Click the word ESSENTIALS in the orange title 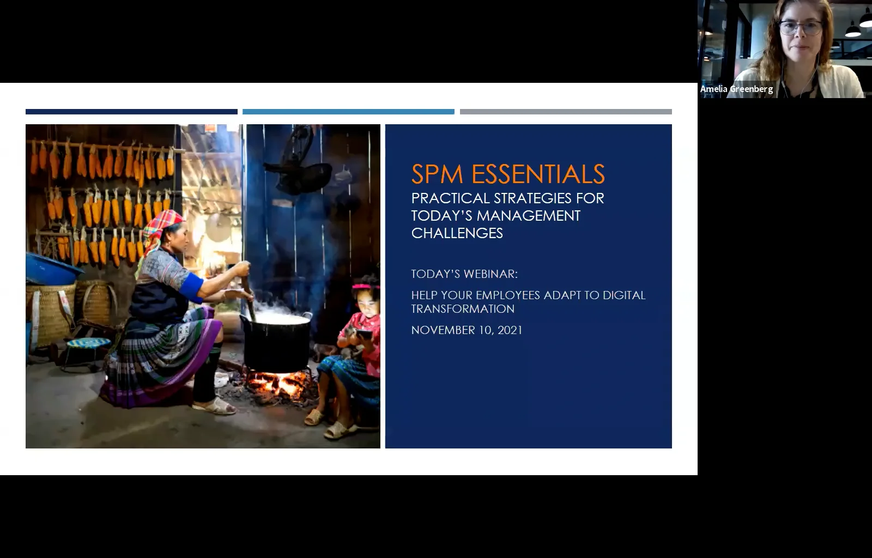(538, 174)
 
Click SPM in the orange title (437, 174)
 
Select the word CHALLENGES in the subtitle (457, 233)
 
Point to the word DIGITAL (624, 295)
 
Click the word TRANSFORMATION (463, 309)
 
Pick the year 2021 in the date (510, 330)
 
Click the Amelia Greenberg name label (736, 89)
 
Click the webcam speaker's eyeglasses (800, 27)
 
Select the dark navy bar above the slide (131, 112)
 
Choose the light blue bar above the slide (348, 112)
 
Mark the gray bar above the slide (566, 112)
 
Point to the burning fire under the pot (278, 384)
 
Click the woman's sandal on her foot (215, 407)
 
